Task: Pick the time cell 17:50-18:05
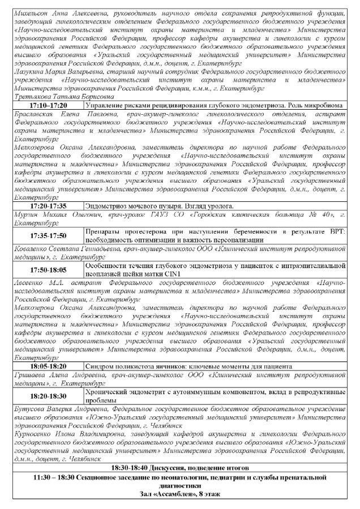click(48, 270)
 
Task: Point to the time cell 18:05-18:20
click(48, 366)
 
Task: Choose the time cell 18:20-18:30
click(48, 395)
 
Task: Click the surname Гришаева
click(32, 374)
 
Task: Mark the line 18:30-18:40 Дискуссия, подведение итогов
click(179, 469)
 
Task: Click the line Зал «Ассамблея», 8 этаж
click(179, 494)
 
